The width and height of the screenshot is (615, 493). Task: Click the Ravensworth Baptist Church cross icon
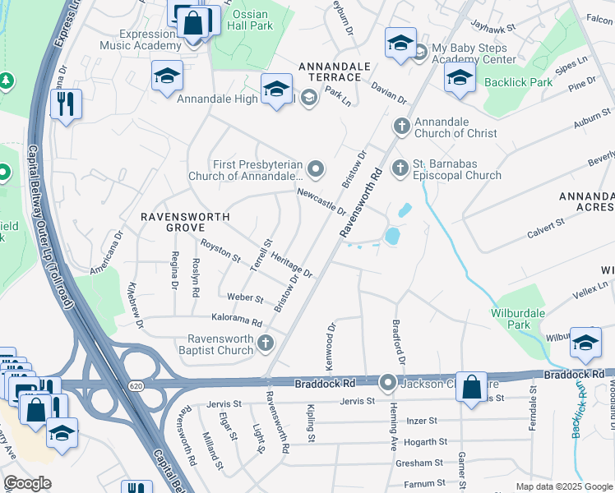[x=265, y=343]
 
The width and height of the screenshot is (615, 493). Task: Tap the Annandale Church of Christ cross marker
[x=401, y=127]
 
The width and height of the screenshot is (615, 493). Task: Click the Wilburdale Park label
[x=521, y=319]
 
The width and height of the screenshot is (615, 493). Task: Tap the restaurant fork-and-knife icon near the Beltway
[x=65, y=104]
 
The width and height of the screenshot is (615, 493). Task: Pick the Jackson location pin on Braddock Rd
[x=388, y=383]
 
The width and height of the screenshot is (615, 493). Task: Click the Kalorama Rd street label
[x=235, y=322]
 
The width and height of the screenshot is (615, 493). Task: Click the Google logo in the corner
[x=28, y=484]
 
